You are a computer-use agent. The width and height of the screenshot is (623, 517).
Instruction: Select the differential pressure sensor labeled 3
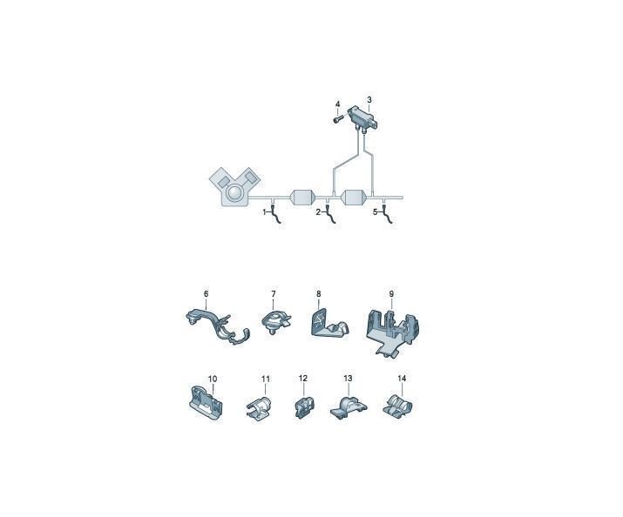pyautogui.click(x=362, y=117)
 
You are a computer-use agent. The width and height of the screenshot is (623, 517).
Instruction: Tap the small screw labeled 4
pyautogui.click(x=337, y=118)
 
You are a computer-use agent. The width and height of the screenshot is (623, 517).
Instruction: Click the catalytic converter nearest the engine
pyautogui.click(x=303, y=198)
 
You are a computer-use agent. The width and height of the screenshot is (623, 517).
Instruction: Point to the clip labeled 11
pyautogui.click(x=259, y=407)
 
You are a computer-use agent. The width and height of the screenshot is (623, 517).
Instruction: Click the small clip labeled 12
pyautogui.click(x=304, y=406)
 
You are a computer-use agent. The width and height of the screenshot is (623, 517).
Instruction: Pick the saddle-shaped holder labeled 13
pyautogui.click(x=349, y=406)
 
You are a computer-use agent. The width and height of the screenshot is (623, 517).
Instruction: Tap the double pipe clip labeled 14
pyautogui.click(x=397, y=406)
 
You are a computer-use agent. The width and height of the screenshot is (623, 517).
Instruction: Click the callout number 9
pyautogui.click(x=391, y=294)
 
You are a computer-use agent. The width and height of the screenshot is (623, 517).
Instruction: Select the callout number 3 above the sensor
pyautogui.click(x=369, y=99)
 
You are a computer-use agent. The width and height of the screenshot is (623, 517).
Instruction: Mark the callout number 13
pyautogui.click(x=348, y=378)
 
